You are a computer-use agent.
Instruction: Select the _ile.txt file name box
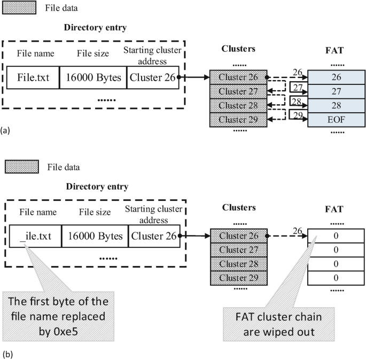(x=35, y=236)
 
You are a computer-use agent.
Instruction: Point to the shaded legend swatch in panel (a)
(x=20, y=7)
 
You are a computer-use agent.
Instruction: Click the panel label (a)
(x=5, y=129)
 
